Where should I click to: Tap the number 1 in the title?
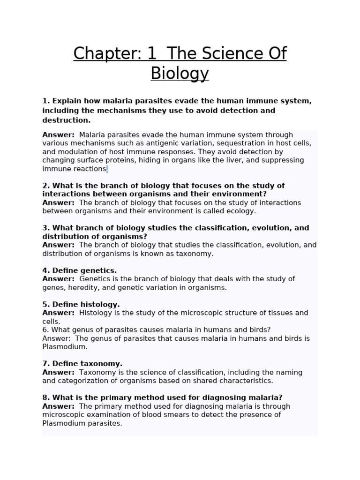click(151, 54)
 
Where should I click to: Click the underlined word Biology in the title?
click(180, 74)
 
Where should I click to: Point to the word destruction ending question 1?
click(65, 120)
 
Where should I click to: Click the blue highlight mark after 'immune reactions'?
click(107, 169)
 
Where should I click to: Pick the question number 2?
click(45, 186)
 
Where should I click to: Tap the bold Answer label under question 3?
click(58, 245)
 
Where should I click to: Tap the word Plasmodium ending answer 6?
click(65, 347)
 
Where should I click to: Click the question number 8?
click(45, 398)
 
